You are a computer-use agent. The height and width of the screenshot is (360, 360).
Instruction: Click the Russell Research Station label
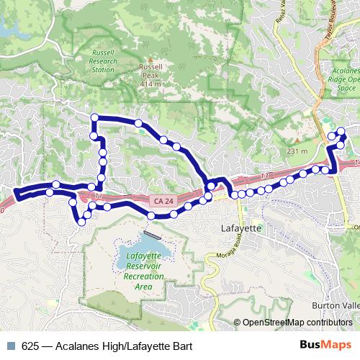click(104, 61)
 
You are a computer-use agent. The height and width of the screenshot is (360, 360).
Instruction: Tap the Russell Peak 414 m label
click(150, 75)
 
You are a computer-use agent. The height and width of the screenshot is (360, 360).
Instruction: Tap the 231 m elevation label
click(297, 151)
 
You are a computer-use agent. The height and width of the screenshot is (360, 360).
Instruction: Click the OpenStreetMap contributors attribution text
click(297, 323)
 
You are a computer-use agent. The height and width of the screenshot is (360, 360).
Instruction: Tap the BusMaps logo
click(326, 346)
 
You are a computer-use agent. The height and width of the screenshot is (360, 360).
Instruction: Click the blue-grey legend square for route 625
click(10, 346)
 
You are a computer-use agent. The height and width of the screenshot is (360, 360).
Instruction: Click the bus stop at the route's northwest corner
click(93, 117)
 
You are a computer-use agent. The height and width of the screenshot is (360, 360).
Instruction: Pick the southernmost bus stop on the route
click(81, 222)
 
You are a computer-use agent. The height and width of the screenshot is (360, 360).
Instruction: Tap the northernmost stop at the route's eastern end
click(341, 130)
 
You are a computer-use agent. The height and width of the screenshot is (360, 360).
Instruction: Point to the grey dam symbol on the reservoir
click(150, 234)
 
